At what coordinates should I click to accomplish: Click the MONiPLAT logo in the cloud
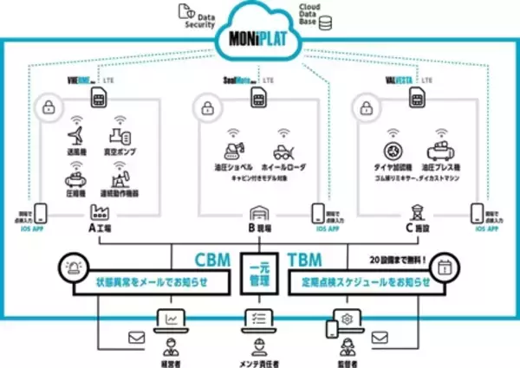(260, 42)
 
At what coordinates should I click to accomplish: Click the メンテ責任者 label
(260, 355)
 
